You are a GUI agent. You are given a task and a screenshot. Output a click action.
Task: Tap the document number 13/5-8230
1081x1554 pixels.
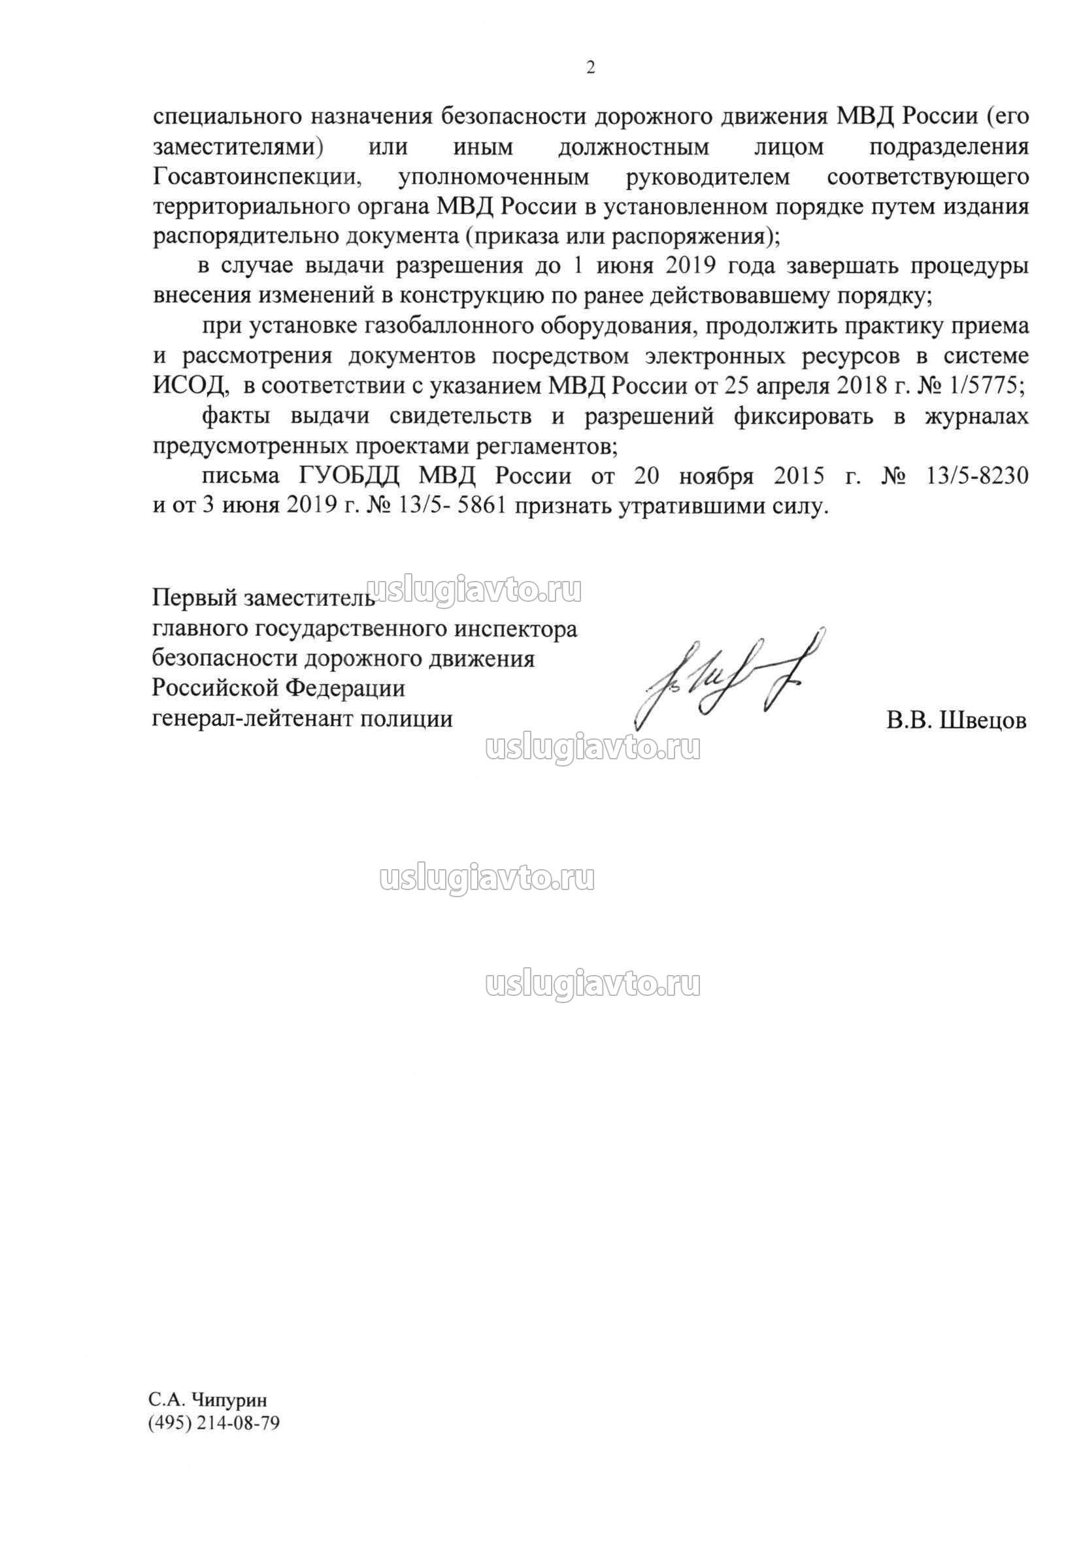click(x=974, y=476)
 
